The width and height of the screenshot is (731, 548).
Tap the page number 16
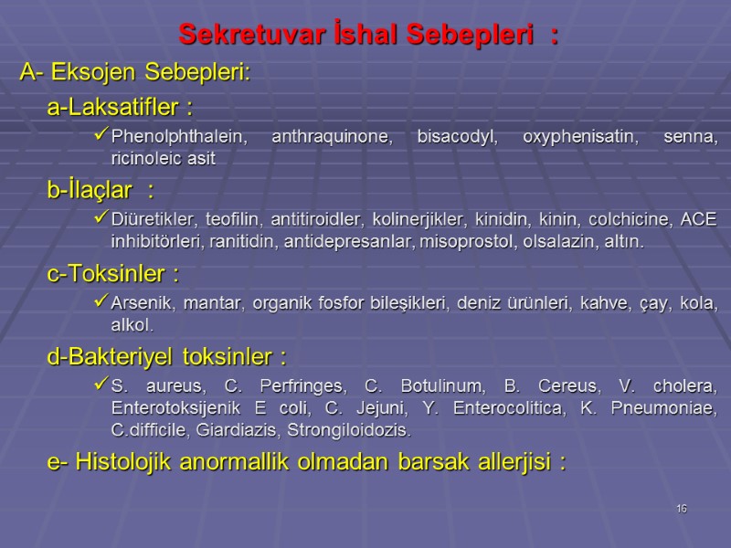682,508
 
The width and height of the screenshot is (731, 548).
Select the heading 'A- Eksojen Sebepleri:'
135,73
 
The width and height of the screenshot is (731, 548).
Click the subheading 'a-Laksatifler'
119,109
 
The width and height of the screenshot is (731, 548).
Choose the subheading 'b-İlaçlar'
101,191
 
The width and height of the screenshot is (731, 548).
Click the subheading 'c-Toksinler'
112,273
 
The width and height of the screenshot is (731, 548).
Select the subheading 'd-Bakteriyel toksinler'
167,355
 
